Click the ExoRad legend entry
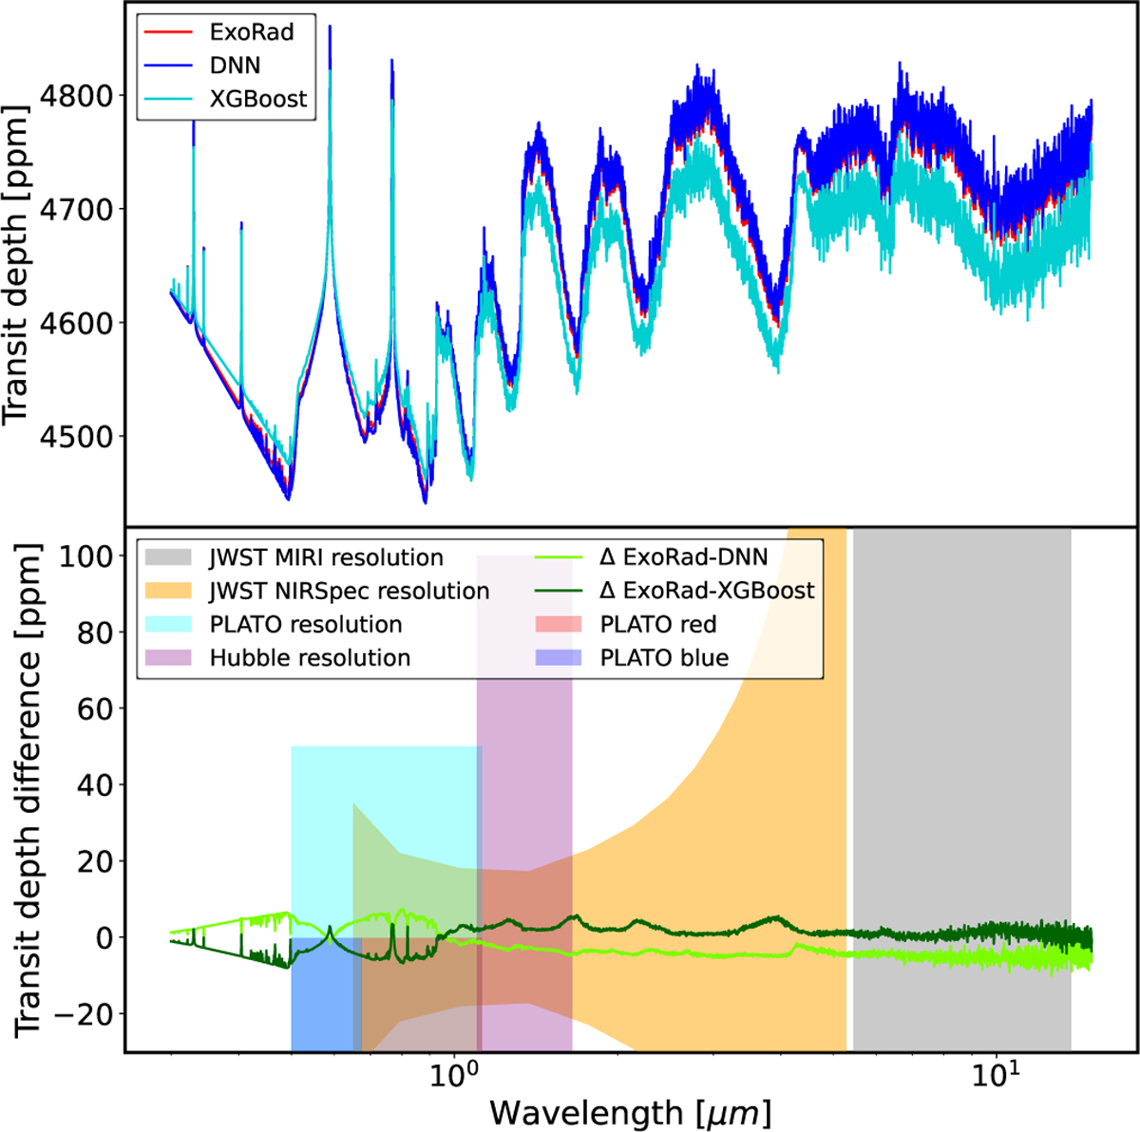(x=251, y=32)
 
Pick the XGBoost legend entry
(x=257, y=99)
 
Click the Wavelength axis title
(x=630, y=1111)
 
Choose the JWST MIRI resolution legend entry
(x=326, y=557)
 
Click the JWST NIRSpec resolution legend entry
(x=349, y=591)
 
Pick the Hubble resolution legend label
(x=310, y=657)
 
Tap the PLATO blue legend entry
(x=664, y=657)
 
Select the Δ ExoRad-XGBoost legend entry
(x=707, y=591)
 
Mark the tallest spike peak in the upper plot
(x=330, y=27)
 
